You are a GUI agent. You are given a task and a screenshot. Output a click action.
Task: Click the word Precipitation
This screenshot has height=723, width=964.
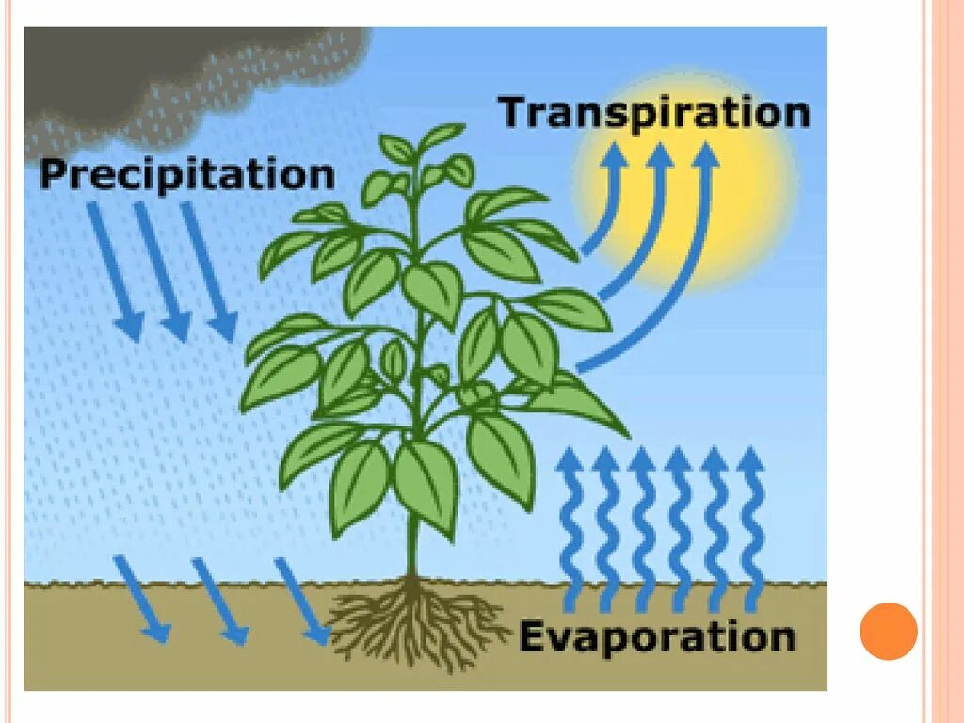[x=187, y=175]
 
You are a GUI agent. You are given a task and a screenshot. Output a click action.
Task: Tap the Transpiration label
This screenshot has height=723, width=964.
[x=654, y=112]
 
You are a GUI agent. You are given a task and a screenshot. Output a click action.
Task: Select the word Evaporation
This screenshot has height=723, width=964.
[x=657, y=637]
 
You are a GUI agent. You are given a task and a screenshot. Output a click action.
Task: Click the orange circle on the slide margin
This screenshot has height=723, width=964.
[x=889, y=631]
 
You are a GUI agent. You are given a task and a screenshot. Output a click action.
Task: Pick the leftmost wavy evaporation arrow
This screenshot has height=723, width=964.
[x=570, y=527]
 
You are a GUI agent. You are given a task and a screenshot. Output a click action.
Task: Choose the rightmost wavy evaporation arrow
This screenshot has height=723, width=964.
[x=751, y=527]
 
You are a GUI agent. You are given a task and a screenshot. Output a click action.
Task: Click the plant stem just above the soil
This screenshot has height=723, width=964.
[x=411, y=555]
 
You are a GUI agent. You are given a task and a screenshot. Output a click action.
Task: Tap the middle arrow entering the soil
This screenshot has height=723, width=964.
[x=219, y=601]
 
